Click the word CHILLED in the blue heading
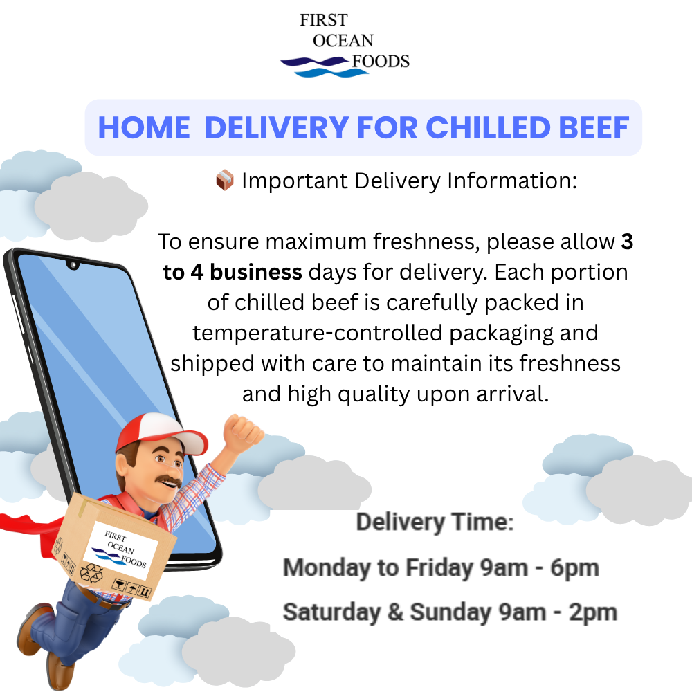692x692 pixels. pyautogui.click(x=488, y=128)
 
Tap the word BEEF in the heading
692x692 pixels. pyautogui.click(x=594, y=128)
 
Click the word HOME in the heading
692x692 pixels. pyautogui.click(x=144, y=128)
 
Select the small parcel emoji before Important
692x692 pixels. pyautogui.click(x=225, y=180)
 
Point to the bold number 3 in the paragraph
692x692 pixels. pyautogui.click(x=627, y=242)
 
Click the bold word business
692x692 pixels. pyautogui.click(x=256, y=272)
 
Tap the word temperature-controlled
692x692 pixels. pyautogui.click(x=318, y=333)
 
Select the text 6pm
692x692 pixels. pyautogui.click(x=574, y=568)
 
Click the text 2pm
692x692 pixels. pyautogui.click(x=593, y=613)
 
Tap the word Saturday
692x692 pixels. pyautogui.click(x=332, y=612)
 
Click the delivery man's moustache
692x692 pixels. pyautogui.click(x=170, y=481)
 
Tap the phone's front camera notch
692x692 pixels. pyautogui.click(x=73, y=265)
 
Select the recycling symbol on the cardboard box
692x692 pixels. pyautogui.click(x=91, y=574)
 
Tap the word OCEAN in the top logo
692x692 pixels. pyautogui.click(x=343, y=41)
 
